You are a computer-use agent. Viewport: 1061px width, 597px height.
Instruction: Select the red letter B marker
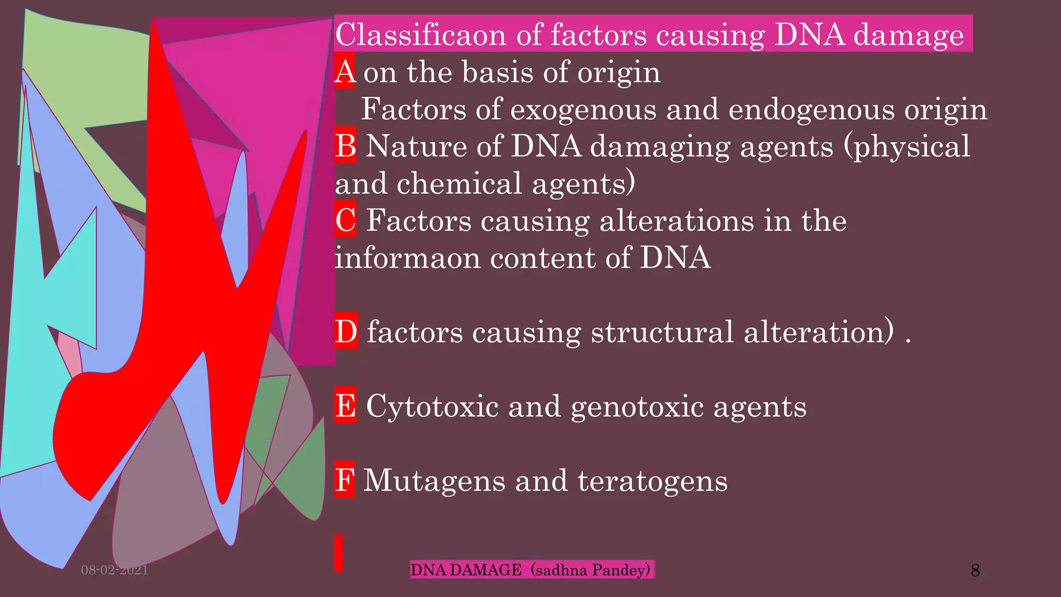(x=345, y=146)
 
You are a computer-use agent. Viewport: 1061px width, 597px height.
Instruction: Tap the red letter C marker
(x=345, y=220)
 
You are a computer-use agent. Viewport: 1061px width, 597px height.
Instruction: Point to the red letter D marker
(x=346, y=331)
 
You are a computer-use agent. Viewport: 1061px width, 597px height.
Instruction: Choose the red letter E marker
(x=345, y=405)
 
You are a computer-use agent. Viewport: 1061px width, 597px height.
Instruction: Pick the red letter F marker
(x=345, y=479)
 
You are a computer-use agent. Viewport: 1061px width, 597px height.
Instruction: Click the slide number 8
(x=975, y=570)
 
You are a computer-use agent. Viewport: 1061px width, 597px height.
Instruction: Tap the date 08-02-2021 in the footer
(x=114, y=570)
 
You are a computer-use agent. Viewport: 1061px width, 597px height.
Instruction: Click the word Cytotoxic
(x=432, y=406)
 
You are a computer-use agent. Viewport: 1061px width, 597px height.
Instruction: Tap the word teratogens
(x=652, y=480)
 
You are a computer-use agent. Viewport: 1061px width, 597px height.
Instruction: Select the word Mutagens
(x=434, y=480)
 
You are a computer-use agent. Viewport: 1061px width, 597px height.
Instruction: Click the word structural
(x=662, y=332)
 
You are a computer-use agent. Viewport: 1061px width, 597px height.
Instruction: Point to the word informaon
(x=408, y=258)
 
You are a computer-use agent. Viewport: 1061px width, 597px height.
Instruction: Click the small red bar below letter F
(x=338, y=553)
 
